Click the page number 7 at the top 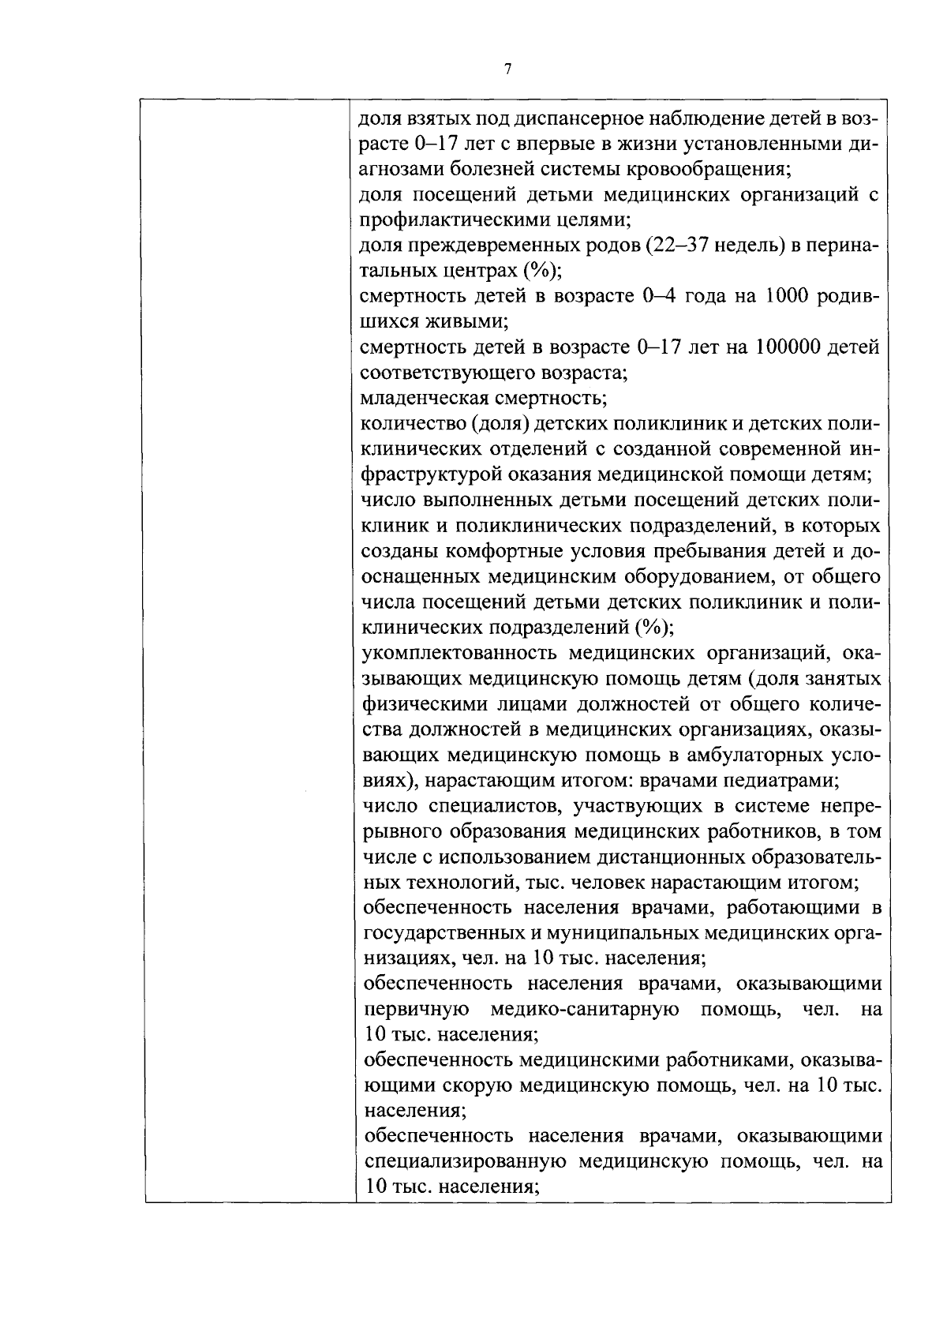(507, 69)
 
